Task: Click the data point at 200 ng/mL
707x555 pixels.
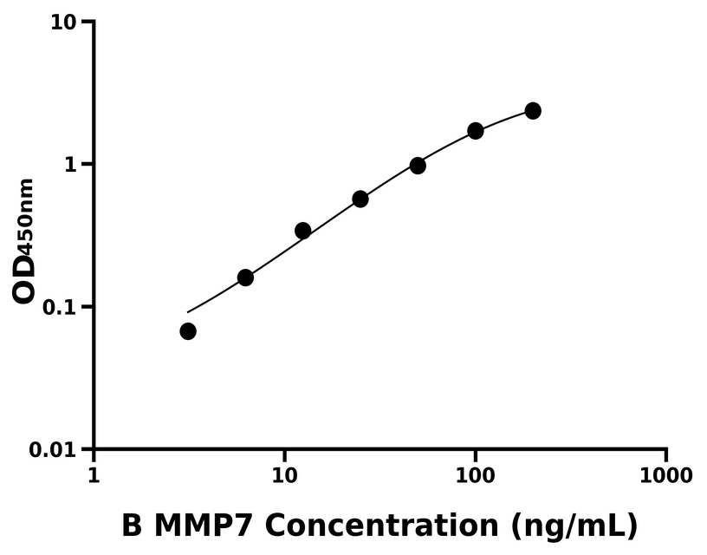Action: coord(533,111)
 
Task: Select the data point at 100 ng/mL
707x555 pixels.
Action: coord(476,131)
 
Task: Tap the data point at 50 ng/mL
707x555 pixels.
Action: coord(418,166)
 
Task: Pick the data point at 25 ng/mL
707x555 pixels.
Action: coord(360,199)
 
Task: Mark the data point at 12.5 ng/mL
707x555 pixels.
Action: coord(303,231)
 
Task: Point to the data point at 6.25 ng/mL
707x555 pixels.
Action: coord(245,277)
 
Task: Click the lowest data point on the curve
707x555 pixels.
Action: coord(188,331)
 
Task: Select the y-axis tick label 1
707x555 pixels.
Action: coord(70,165)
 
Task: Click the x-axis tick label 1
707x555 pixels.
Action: coord(94,477)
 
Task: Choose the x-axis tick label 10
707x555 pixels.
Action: coord(284,477)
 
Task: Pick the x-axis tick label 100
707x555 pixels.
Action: coord(475,477)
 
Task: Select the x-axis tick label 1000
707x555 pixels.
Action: coord(666,477)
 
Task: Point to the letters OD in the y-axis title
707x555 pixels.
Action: coord(25,279)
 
